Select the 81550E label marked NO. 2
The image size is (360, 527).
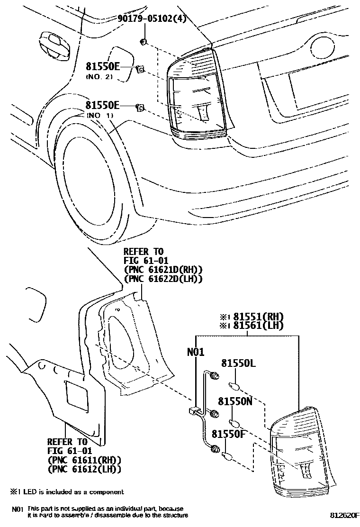point(103,67)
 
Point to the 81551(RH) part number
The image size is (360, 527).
point(255,316)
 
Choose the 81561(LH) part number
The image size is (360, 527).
point(255,325)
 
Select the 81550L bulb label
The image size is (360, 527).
point(238,363)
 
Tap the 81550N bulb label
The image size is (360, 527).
point(238,400)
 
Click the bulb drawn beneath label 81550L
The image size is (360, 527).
point(234,385)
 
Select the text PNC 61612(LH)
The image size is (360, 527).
point(84,469)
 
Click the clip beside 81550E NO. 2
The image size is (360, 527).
point(140,70)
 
